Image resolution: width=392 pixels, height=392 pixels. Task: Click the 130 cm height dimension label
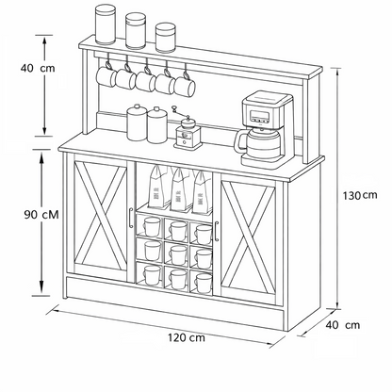click(x=360, y=196)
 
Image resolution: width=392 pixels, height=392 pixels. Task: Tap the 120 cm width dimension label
click(x=187, y=338)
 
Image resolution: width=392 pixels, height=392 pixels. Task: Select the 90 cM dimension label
click(x=41, y=215)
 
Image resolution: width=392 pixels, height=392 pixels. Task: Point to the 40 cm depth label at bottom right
click(x=343, y=325)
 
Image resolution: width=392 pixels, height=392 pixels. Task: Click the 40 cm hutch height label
click(x=38, y=68)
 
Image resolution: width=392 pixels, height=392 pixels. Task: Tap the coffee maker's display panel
click(x=259, y=115)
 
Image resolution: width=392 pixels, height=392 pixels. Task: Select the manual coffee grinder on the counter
click(x=187, y=132)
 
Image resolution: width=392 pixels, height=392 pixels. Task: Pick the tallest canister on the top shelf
click(x=106, y=24)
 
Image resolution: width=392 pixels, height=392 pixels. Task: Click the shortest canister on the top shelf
click(x=166, y=38)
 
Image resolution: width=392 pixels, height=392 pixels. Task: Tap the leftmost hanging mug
click(x=106, y=76)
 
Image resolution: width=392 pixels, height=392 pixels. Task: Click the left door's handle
click(x=131, y=218)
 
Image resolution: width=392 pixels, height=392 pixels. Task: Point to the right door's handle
click(x=217, y=231)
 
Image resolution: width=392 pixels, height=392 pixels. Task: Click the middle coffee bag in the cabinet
click(x=181, y=189)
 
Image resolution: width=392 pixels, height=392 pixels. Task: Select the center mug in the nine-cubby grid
click(x=178, y=253)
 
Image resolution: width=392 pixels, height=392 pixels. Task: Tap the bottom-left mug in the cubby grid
click(x=152, y=274)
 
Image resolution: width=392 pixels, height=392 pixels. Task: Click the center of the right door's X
click(x=249, y=235)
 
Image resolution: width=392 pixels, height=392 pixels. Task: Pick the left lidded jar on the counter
click(x=137, y=122)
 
